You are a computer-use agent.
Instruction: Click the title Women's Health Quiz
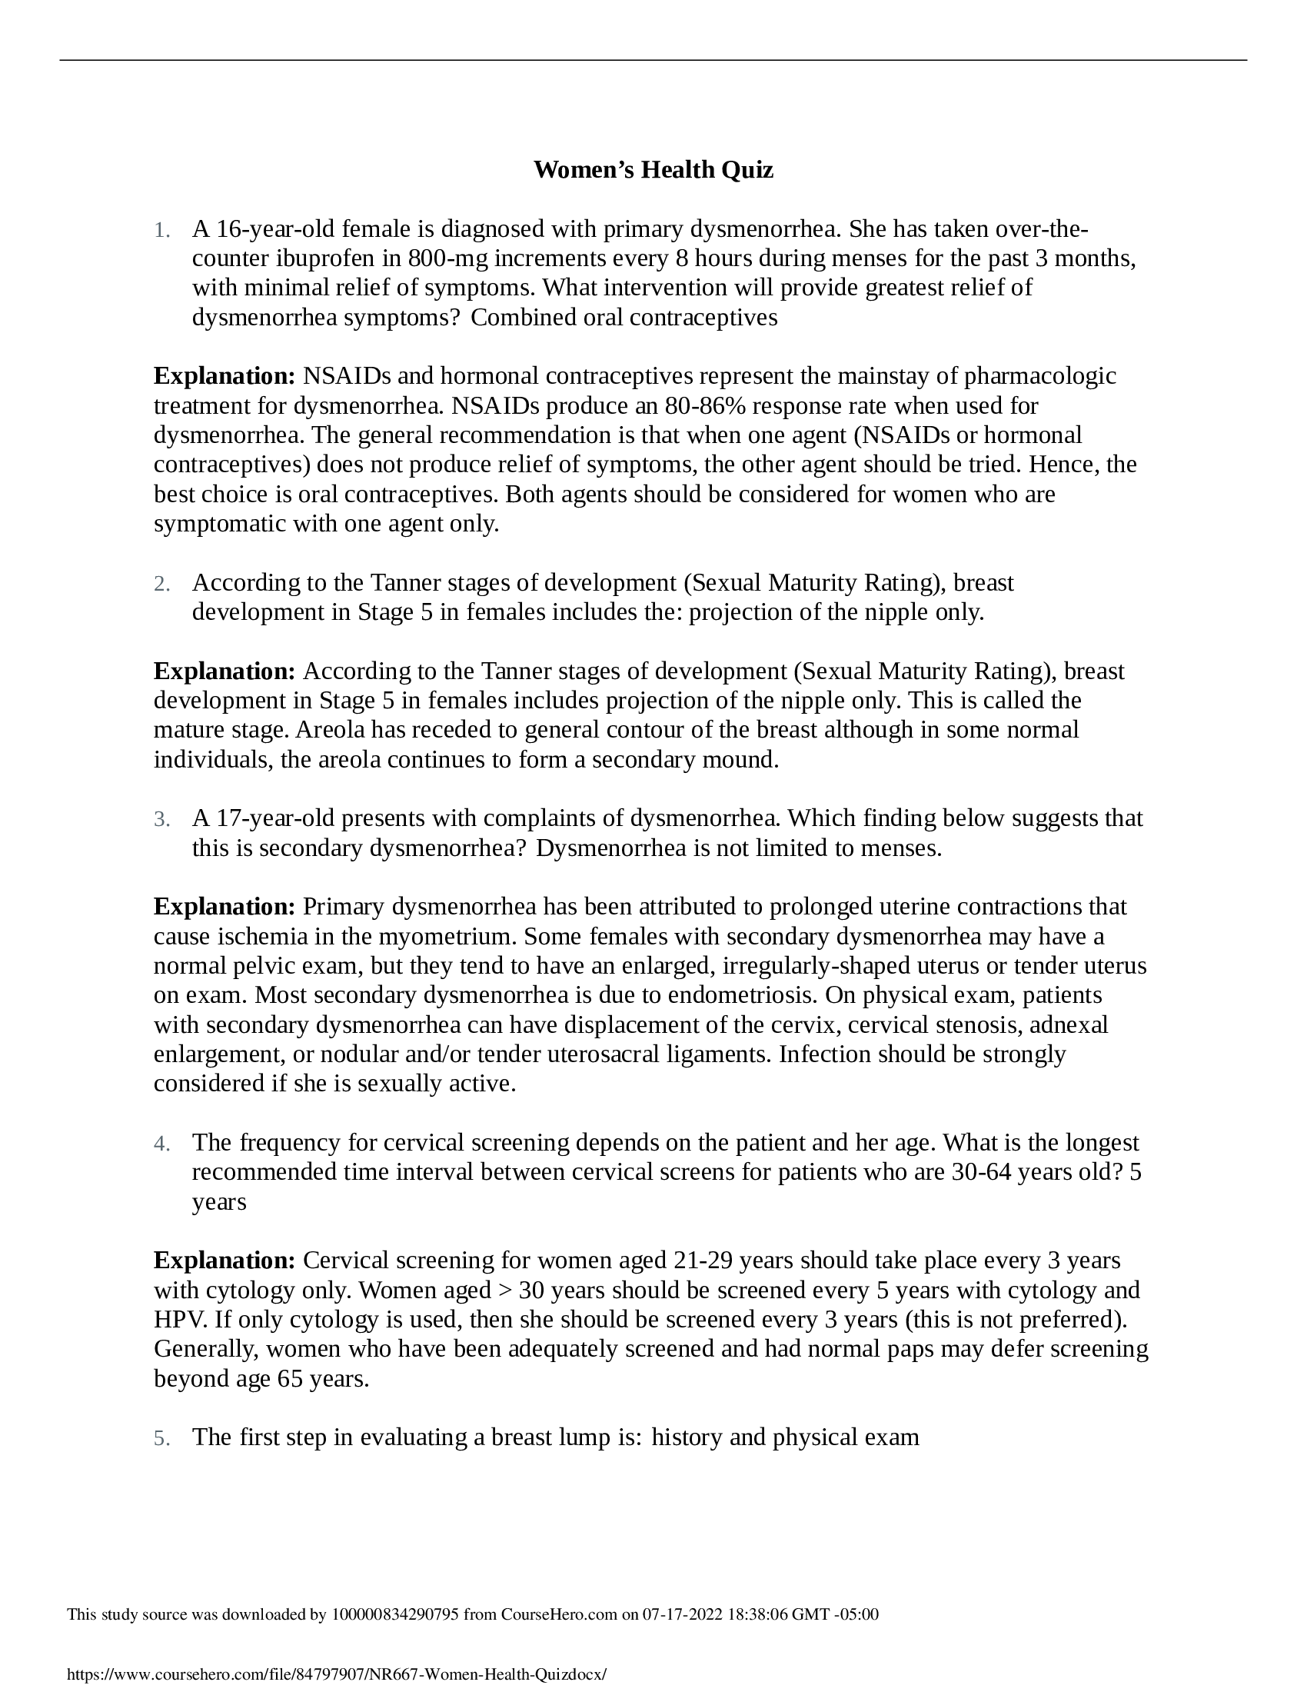[653, 170]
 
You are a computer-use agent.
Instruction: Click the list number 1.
[161, 231]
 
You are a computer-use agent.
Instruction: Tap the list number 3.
[161, 820]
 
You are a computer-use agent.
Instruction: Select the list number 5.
[161, 1439]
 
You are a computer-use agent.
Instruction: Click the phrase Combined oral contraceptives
[624, 318]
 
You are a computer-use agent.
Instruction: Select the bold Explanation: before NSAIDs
[224, 377]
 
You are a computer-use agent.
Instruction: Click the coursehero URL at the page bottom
[337, 1674]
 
